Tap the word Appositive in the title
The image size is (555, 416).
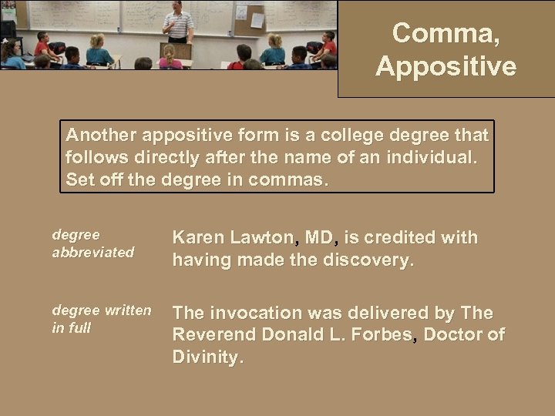click(446, 66)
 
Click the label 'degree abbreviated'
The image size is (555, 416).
click(92, 243)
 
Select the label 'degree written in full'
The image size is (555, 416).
click(101, 319)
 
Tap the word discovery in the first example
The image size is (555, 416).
click(368, 261)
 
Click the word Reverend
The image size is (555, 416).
click(214, 335)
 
